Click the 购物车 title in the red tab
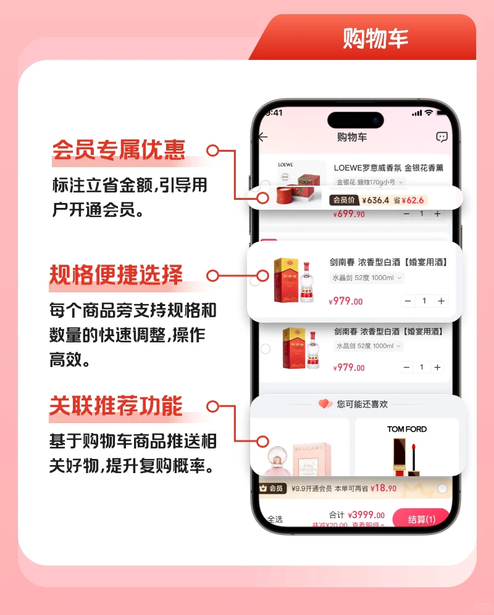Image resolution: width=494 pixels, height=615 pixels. pos(375,38)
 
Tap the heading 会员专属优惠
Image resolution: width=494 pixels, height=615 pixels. pos(119,150)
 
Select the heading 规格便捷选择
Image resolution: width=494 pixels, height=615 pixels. pos(116,275)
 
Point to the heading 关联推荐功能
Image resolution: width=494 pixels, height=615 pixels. pos(116,407)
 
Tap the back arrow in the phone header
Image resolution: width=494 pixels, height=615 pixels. pos(264,137)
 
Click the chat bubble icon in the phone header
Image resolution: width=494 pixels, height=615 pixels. pos(442,137)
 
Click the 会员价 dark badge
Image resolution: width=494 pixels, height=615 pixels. pos(344,200)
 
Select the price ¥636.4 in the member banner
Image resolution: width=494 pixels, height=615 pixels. pos(375,200)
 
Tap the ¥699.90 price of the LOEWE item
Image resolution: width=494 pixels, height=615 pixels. pos(349,214)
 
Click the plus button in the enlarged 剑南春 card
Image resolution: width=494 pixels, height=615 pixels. pos(441,301)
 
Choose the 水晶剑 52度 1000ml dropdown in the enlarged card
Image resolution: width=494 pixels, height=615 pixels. pos(366,278)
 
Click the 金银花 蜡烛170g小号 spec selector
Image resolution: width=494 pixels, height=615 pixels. pos(370,182)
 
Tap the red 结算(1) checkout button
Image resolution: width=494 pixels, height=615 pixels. pos(421,519)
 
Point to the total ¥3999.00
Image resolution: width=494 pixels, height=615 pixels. pos(366,515)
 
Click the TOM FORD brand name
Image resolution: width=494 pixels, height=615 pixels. pos(407,429)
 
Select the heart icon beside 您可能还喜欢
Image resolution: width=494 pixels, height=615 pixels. pos(325,404)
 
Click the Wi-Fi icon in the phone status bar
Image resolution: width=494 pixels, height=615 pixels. pos(429,113)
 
